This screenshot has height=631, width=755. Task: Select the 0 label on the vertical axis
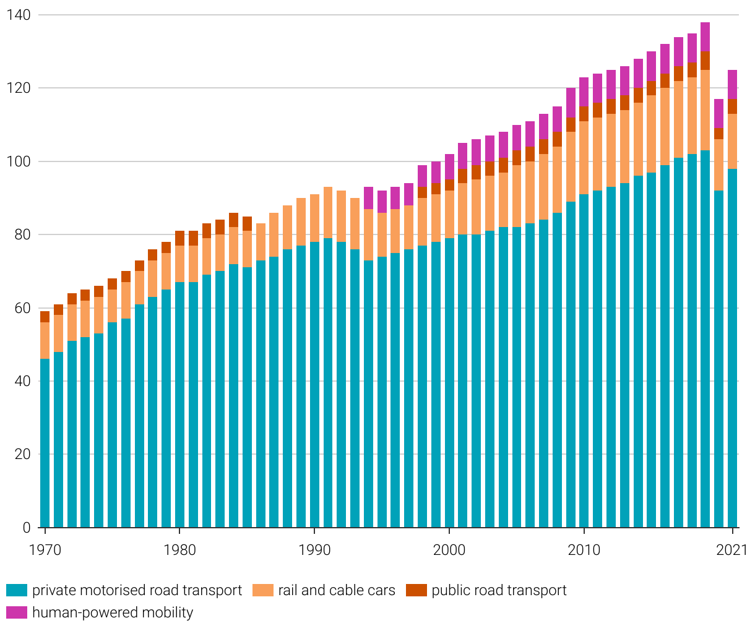(26, 528)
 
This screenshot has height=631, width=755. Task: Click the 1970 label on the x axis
(45, 550)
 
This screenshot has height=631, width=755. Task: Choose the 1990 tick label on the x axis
(314, 550)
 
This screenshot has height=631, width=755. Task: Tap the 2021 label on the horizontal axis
(731, 550)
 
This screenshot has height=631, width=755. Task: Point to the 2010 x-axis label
(584, 550)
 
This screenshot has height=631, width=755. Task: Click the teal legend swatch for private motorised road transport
(17, 590)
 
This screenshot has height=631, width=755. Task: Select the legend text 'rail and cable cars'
(336, 590)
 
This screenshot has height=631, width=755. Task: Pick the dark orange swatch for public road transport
(416, 590)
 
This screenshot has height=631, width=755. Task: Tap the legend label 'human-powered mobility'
(113, 612)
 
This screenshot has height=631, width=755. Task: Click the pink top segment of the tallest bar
(705, 37)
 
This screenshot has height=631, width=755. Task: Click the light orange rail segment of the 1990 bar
(314, 218)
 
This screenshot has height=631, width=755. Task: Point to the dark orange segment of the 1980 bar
(179, 238)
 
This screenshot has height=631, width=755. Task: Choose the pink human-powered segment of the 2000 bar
(449, 166)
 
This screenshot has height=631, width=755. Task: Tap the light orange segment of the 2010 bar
(584, 158)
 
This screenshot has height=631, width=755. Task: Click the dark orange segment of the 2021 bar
(732, 106)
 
